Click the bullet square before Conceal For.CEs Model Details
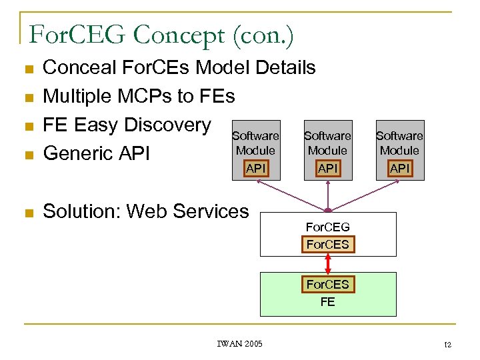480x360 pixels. click(27, 69)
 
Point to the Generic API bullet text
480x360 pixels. click(97, 153)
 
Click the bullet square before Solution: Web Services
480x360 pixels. click(27, 213)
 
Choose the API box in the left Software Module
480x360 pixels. click(256, 169)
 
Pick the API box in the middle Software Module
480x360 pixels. click(327, 169)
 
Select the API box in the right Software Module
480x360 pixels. click(399, 169)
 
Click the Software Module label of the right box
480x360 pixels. click(399, 143)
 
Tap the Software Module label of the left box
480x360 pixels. click(256, 143)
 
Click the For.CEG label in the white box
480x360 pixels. click(327, 227)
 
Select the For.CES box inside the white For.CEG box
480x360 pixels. click(327, 245)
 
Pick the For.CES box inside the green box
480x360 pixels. click(327, 285)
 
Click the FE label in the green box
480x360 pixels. click(327, 302)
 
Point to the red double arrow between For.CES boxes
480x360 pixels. click(327, 265)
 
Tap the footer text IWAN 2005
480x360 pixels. click(240, 343)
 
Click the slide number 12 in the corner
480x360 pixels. click(447, 345)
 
